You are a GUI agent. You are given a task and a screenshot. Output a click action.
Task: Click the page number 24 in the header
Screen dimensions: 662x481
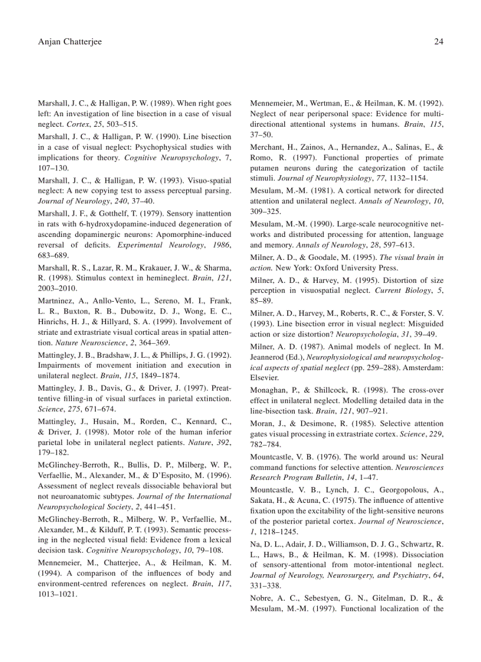click(x=438, y=42)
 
